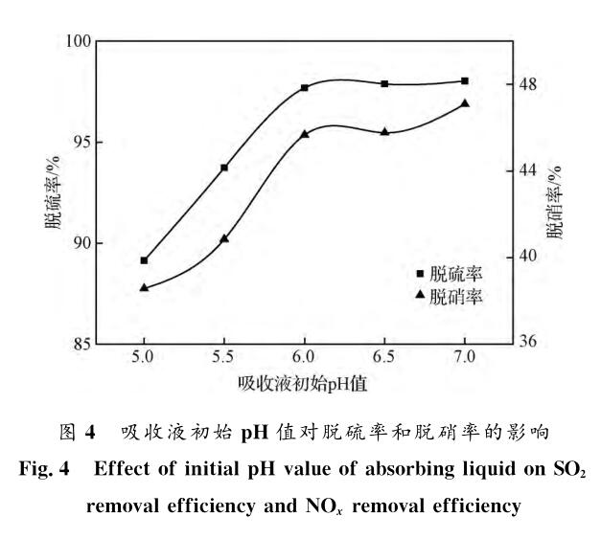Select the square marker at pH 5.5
(x=224, y=168)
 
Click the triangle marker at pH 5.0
(x=144, y=287)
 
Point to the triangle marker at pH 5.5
(x=224, y=238)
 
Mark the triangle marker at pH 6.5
(x=384, y=131)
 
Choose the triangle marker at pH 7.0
(x=465, y=103)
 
